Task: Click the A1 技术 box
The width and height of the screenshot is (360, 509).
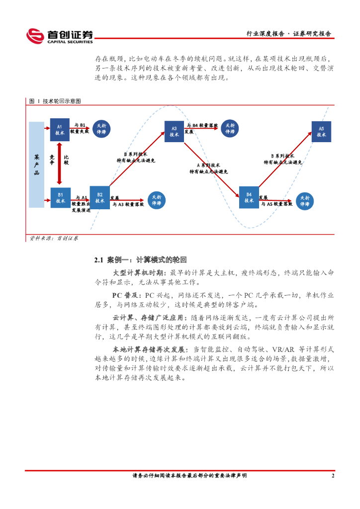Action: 60,130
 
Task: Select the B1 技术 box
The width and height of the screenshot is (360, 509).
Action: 60,197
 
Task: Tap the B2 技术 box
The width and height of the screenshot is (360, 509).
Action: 99,197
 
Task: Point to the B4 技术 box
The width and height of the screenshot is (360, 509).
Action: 249,197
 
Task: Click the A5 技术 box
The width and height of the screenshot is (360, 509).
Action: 321,131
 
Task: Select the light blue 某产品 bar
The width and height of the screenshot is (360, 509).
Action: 36,165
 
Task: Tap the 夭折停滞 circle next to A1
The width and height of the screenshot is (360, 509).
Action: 101,129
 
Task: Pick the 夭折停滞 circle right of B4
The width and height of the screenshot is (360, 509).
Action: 305,201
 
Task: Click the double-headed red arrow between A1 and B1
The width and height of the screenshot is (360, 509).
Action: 60,164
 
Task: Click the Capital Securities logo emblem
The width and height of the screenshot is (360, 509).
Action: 35,36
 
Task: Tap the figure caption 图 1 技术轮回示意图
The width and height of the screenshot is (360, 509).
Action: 55,101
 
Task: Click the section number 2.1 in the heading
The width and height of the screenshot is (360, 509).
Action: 98,259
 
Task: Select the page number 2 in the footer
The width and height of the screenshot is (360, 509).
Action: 333,476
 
